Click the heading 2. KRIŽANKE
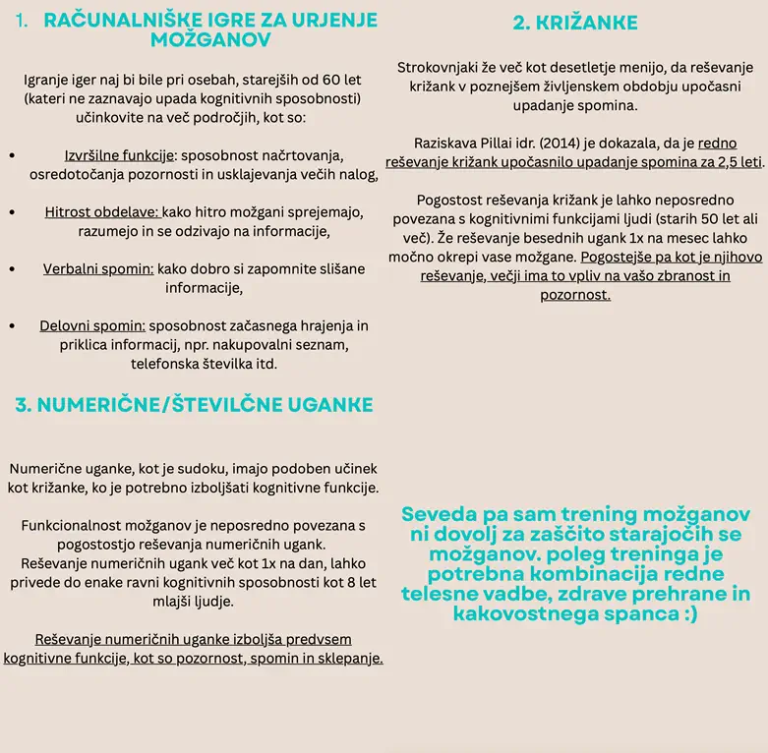coord(575,23)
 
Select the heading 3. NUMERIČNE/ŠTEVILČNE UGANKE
coord(194,404)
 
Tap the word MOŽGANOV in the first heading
coord(211,39)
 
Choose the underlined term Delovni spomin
coord(93,325)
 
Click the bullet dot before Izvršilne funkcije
coord(11,156)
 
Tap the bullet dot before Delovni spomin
coord(11,325)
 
